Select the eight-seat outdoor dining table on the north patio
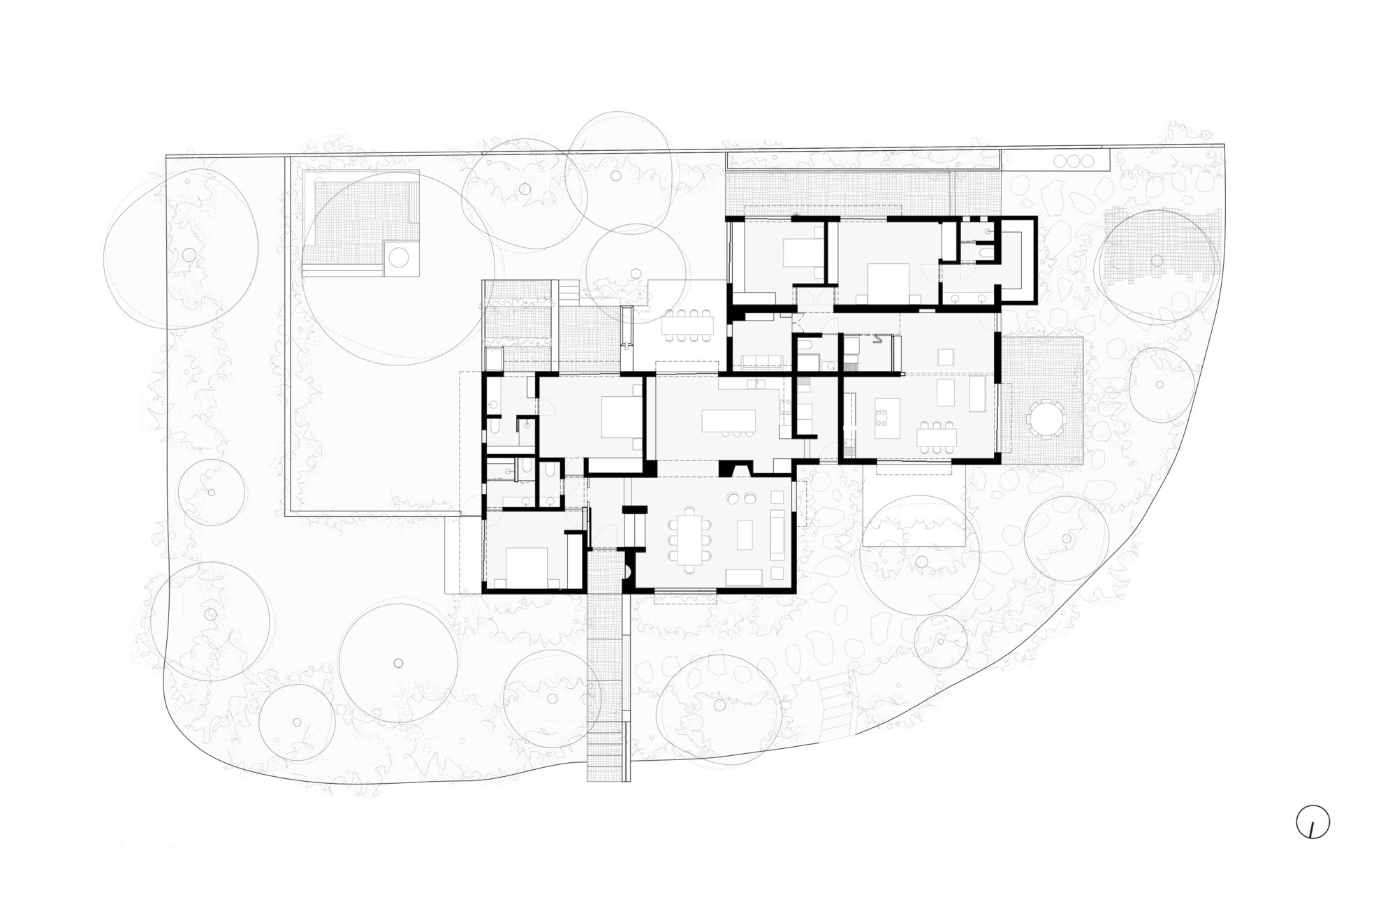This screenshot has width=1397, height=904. point(689,325)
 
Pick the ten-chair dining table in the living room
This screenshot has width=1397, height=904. point(689,534)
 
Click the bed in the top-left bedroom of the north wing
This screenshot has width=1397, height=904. point(798,253)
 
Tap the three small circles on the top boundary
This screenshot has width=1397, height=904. point(1074,161)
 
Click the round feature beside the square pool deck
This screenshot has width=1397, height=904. point(399,258)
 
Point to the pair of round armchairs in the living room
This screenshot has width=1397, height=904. point(742,498)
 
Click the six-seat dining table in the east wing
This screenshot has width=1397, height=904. point(937,437)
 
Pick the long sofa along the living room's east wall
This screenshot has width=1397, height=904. point(777,533)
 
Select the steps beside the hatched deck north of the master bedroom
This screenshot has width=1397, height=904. point(568,289)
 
